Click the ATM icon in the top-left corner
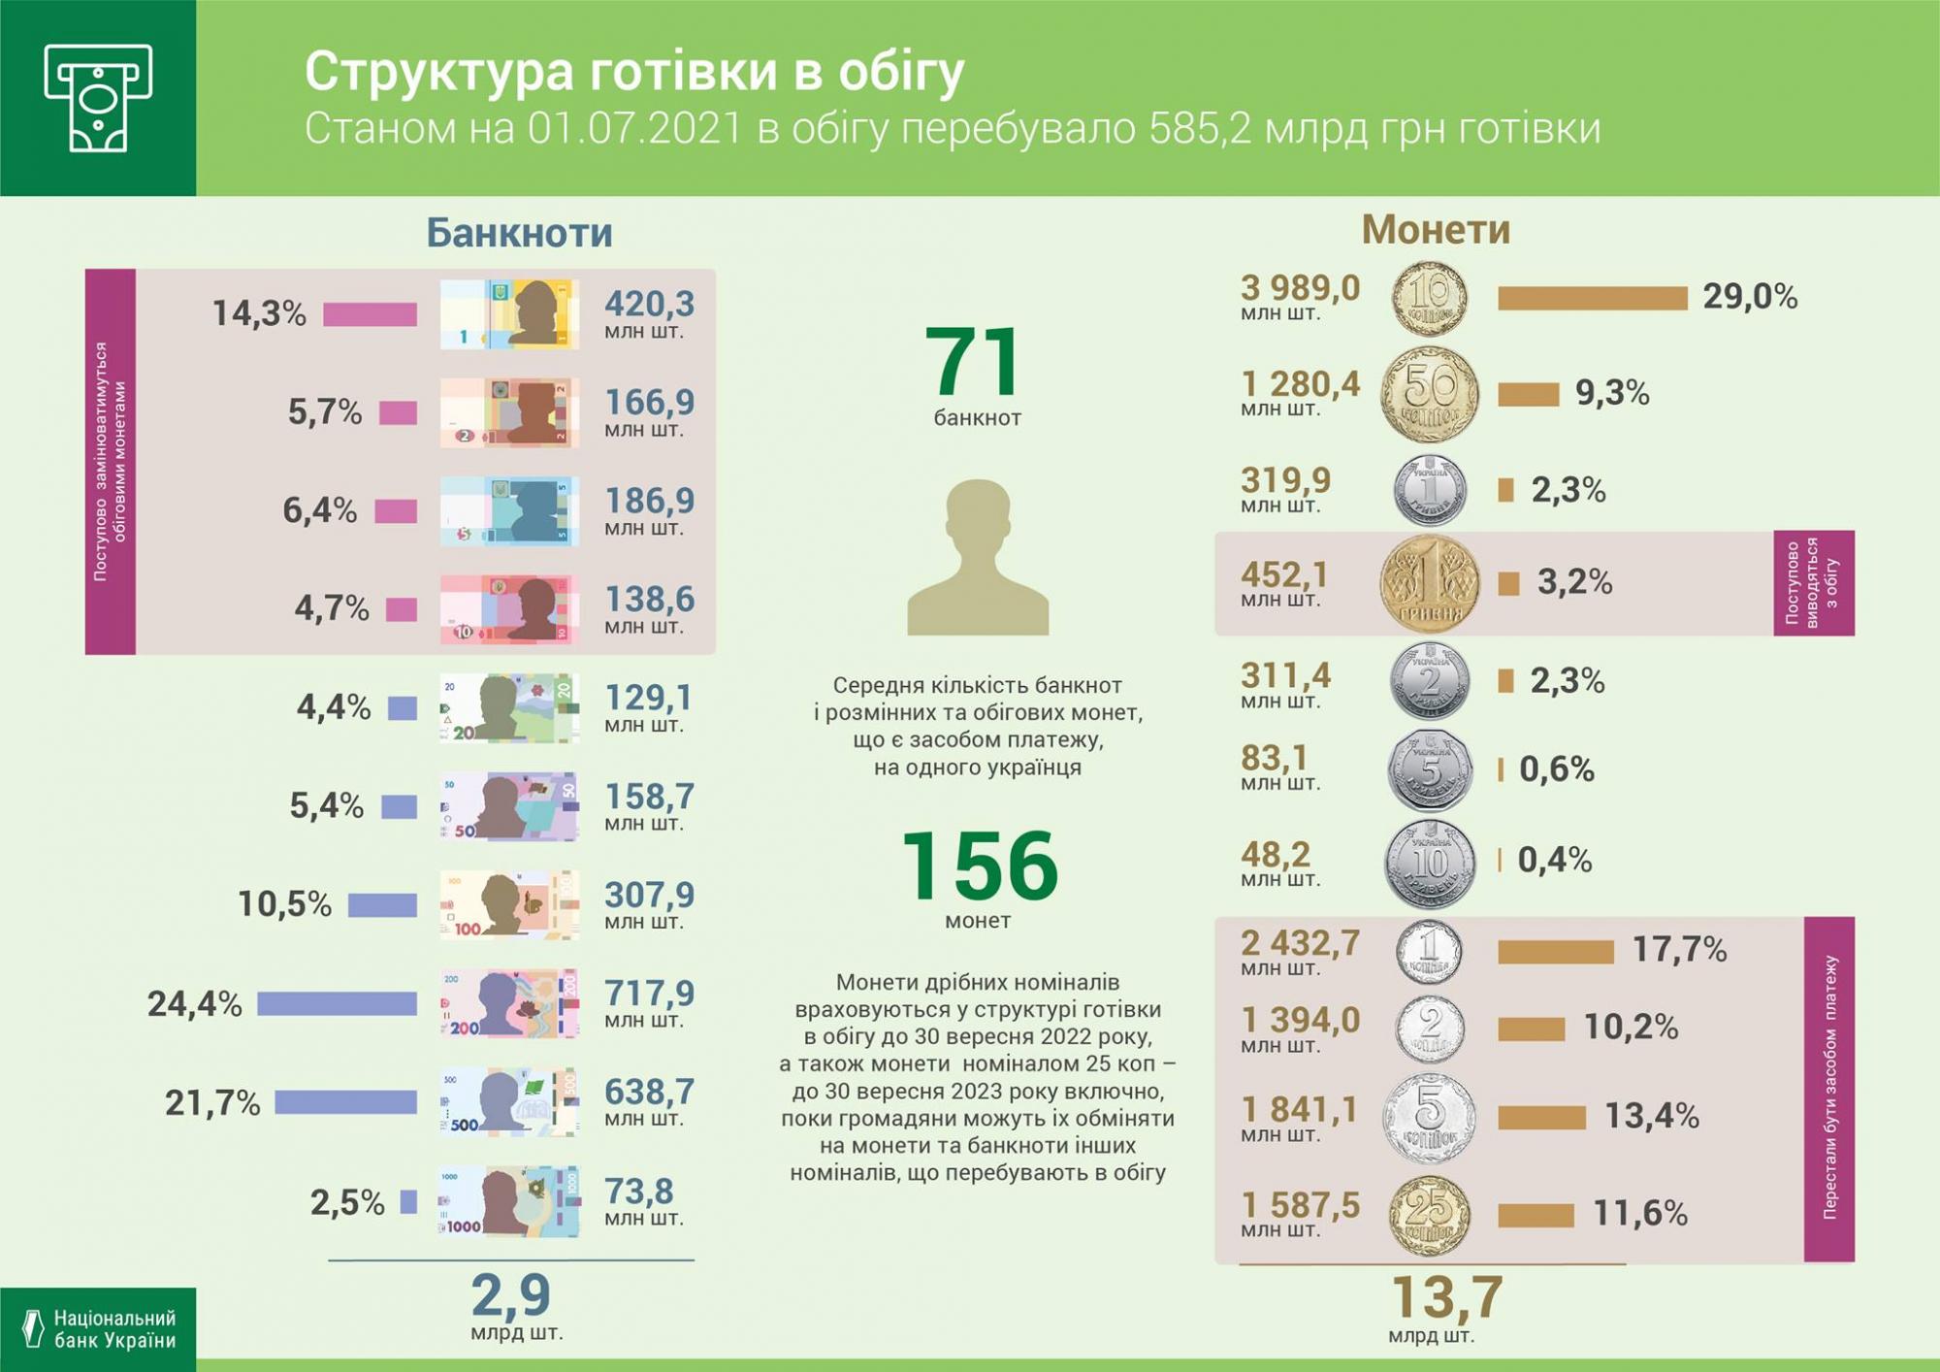click(x=98, y=98)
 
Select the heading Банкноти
click(x=519, y=233)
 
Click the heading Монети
click(x=1436, y=230)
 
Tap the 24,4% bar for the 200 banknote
click(x=337, y=1003)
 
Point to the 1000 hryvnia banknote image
click(x=509, y=1201)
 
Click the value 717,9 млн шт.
click(x=648, y=1001)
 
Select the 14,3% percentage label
click(x=259, y=313)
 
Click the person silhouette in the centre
click(x=978, y=558)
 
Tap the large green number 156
click(x=979, y=865)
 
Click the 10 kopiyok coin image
click(x=1429, y=297)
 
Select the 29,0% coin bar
click(x=1592, y=298)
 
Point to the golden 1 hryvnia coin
click(x=1430, y=583)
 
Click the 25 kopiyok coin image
click(x=1429, y=1215)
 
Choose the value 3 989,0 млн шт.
click(x=1300, y=296)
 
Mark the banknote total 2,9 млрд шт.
click(x=513, y=1305)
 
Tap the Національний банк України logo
click(x=98, y=1329)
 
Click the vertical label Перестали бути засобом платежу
click(x=1829, y=1088)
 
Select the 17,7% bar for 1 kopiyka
click(x=1555, y=952)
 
